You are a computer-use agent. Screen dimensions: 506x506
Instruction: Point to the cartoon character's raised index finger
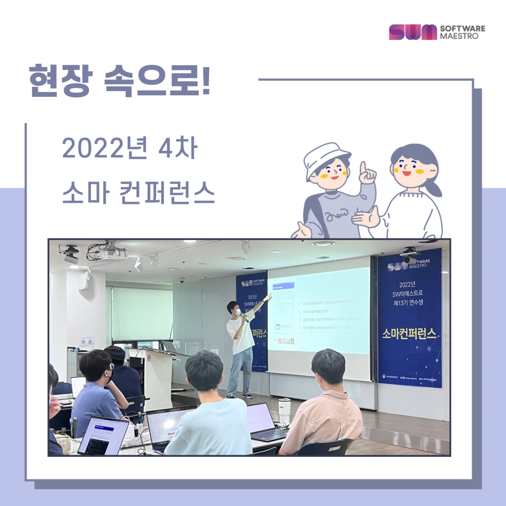[363, 169]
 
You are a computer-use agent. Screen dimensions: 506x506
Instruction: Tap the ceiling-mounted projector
[108, 254]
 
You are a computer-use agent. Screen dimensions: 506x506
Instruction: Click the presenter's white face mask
[237, 312]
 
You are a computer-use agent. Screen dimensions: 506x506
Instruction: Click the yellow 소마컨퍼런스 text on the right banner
[410, 335]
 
